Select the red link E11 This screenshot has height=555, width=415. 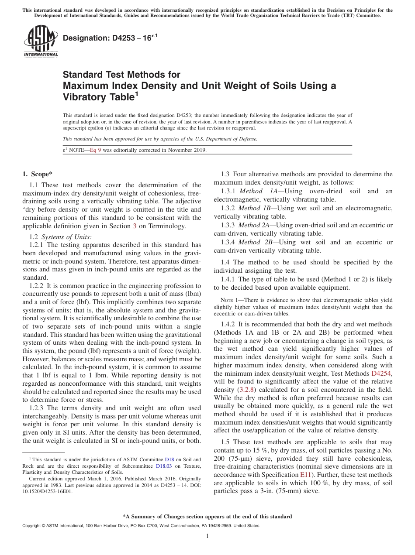(x=304, y=474)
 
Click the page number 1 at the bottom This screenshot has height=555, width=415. (x=207, y=536)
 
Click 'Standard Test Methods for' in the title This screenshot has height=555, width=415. (x=121, y=75)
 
